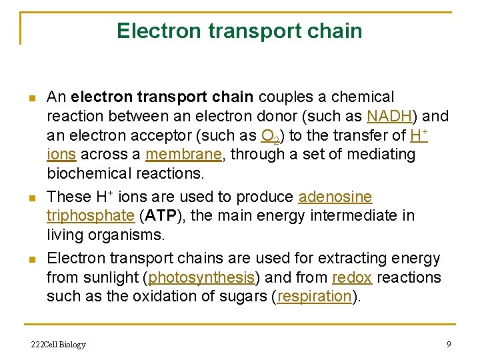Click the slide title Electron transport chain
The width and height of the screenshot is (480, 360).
coord(239,31)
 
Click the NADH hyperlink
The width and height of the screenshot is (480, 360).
coord(389,117)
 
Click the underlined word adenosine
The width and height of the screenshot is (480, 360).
coord(335,197)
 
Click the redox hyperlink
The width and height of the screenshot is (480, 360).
coord(347,277)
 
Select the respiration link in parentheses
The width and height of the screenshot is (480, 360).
coord(314,297)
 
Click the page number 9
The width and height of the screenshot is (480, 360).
coord(449,344)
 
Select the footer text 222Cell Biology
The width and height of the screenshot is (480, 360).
coord(59,344)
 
